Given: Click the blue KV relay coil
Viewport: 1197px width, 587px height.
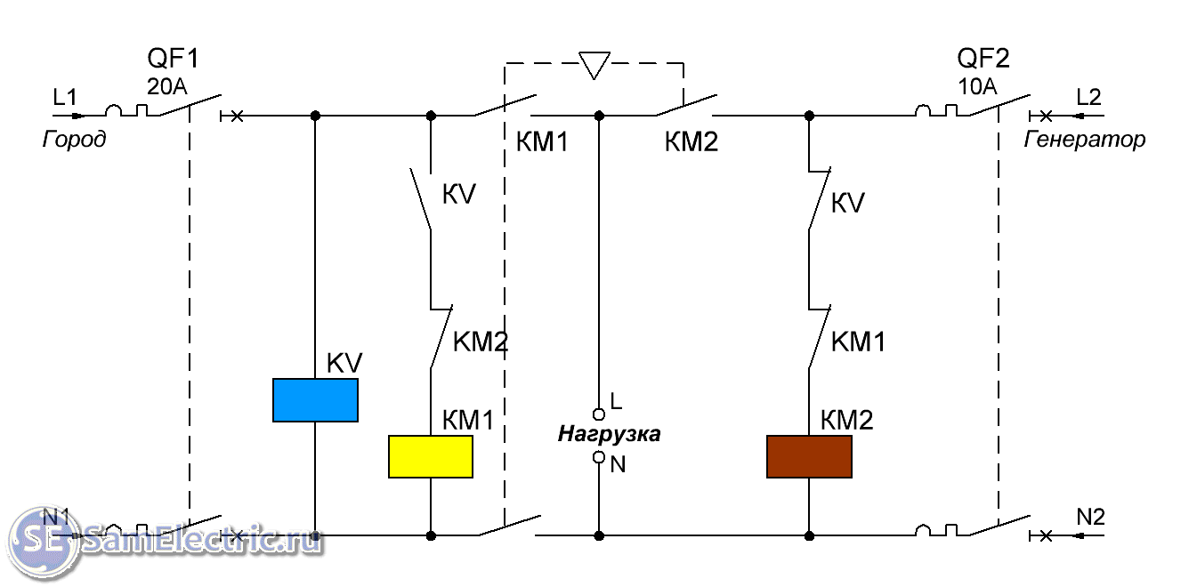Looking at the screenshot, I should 315,400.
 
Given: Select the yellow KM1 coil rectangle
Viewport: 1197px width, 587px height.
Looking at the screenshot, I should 431,456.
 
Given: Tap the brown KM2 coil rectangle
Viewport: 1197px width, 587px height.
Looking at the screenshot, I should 809,456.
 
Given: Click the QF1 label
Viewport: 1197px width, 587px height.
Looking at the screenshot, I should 174,60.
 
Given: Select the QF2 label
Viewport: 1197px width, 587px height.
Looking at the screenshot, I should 983,60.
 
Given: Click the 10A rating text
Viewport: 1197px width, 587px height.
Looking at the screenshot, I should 977,86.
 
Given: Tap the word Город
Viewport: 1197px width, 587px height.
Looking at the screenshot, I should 74,140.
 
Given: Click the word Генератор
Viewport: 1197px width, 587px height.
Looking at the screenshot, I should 1085,140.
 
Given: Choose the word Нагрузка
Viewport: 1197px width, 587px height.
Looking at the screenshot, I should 610,435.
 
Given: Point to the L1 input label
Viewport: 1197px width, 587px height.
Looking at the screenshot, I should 65,96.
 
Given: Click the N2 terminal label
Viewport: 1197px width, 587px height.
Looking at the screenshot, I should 1090,517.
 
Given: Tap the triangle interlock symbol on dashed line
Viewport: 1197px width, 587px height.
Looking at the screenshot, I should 594,64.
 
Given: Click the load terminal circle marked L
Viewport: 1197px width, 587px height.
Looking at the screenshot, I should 599,414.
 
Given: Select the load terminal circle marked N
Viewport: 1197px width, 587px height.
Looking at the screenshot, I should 599,457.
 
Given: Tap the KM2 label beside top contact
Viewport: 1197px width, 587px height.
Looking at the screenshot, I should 692,141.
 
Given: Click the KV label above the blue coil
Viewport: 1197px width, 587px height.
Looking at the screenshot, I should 345,363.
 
